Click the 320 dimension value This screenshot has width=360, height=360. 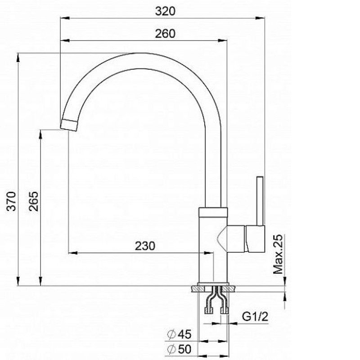click(165, 11)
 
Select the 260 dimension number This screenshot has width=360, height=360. click(165, 33)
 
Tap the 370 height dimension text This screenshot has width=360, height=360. click(12, 201)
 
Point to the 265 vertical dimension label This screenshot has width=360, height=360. click(34, 201)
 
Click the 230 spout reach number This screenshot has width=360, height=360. click(145, 246)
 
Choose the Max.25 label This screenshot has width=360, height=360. click(278, 254)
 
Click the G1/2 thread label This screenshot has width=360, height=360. click(255, 317)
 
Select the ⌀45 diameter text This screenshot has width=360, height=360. click(179, 334)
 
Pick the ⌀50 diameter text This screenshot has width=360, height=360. click(179, 349)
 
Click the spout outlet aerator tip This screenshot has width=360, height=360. click(69, 126)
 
